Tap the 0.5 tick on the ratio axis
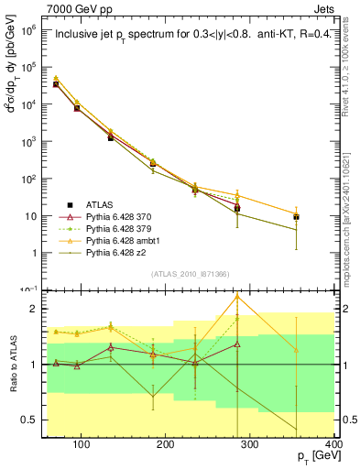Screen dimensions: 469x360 click(37, 420)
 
